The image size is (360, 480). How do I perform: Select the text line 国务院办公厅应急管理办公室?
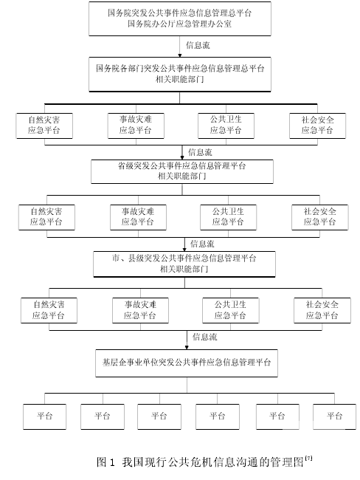click(179, 24)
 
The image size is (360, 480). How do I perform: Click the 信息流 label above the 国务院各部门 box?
click(198, 45)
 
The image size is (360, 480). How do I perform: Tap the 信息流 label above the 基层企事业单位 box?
click(204, 337)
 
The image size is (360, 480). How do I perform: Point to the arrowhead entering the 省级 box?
click(182, 157)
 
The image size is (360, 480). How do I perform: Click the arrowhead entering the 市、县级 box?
click(184, 250)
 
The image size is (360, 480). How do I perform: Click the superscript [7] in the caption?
click(308, 459)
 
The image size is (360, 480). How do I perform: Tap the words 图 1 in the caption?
click(105, 462)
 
